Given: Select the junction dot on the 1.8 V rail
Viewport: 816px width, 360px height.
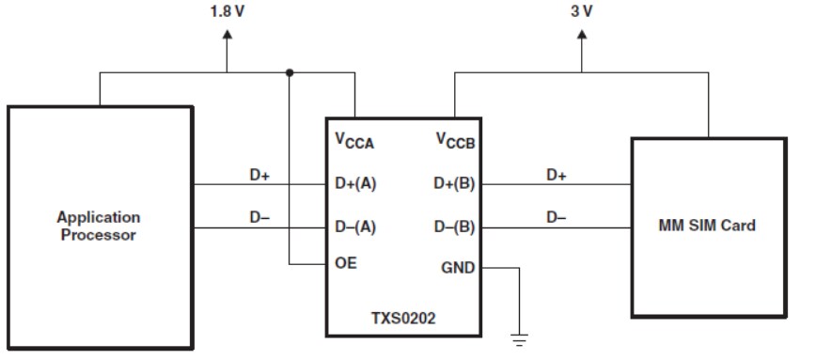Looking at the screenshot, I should click(x=289, y=72).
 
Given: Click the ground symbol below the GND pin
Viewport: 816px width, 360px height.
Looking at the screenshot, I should click(x=519, y=339).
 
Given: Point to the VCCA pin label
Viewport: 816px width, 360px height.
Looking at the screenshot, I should click(x=354, y=140).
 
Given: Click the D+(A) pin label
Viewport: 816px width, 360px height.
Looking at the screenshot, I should click(x=355, y=184).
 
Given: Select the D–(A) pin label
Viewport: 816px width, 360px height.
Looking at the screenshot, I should click(x=355, y=227).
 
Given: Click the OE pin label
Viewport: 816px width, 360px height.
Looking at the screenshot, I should click(x=346, y=265).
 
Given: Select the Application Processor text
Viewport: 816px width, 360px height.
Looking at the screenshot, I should click(x=99, y=226).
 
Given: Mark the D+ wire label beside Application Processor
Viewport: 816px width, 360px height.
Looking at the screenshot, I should click(x=259, y=175).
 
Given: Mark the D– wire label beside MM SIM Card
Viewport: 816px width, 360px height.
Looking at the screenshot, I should click(x=557, y=217).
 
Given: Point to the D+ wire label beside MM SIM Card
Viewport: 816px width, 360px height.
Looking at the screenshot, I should click(x=557, y=175).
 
